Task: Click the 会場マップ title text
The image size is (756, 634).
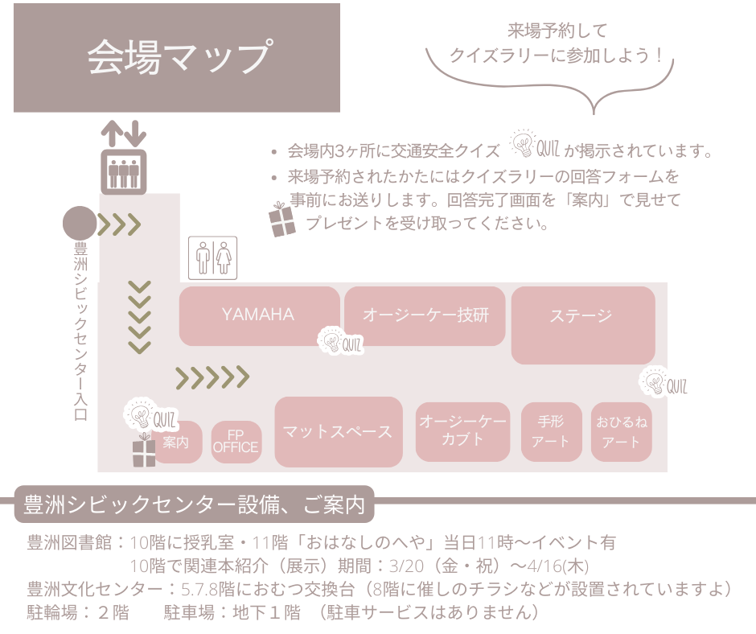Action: (177, 56)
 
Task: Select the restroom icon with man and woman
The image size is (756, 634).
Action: (213, 257)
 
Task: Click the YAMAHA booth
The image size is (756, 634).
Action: (259, 315)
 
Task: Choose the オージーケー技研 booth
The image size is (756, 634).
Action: (425, 315)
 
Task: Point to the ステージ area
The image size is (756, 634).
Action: (582, 324)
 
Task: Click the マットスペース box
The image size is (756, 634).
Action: (338, 432)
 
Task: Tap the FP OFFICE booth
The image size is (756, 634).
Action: (236, 442)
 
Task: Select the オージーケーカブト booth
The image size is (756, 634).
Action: (462, 431)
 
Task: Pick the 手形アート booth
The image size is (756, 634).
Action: (551, 431)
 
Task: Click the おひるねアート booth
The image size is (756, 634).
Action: (621, 431)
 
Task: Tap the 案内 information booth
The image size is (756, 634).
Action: (176, 443)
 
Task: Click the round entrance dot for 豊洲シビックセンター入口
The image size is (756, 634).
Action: (80, 224)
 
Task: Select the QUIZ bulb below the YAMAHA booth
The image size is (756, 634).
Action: (339, 342)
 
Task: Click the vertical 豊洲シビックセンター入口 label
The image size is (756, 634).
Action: (80, 330)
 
